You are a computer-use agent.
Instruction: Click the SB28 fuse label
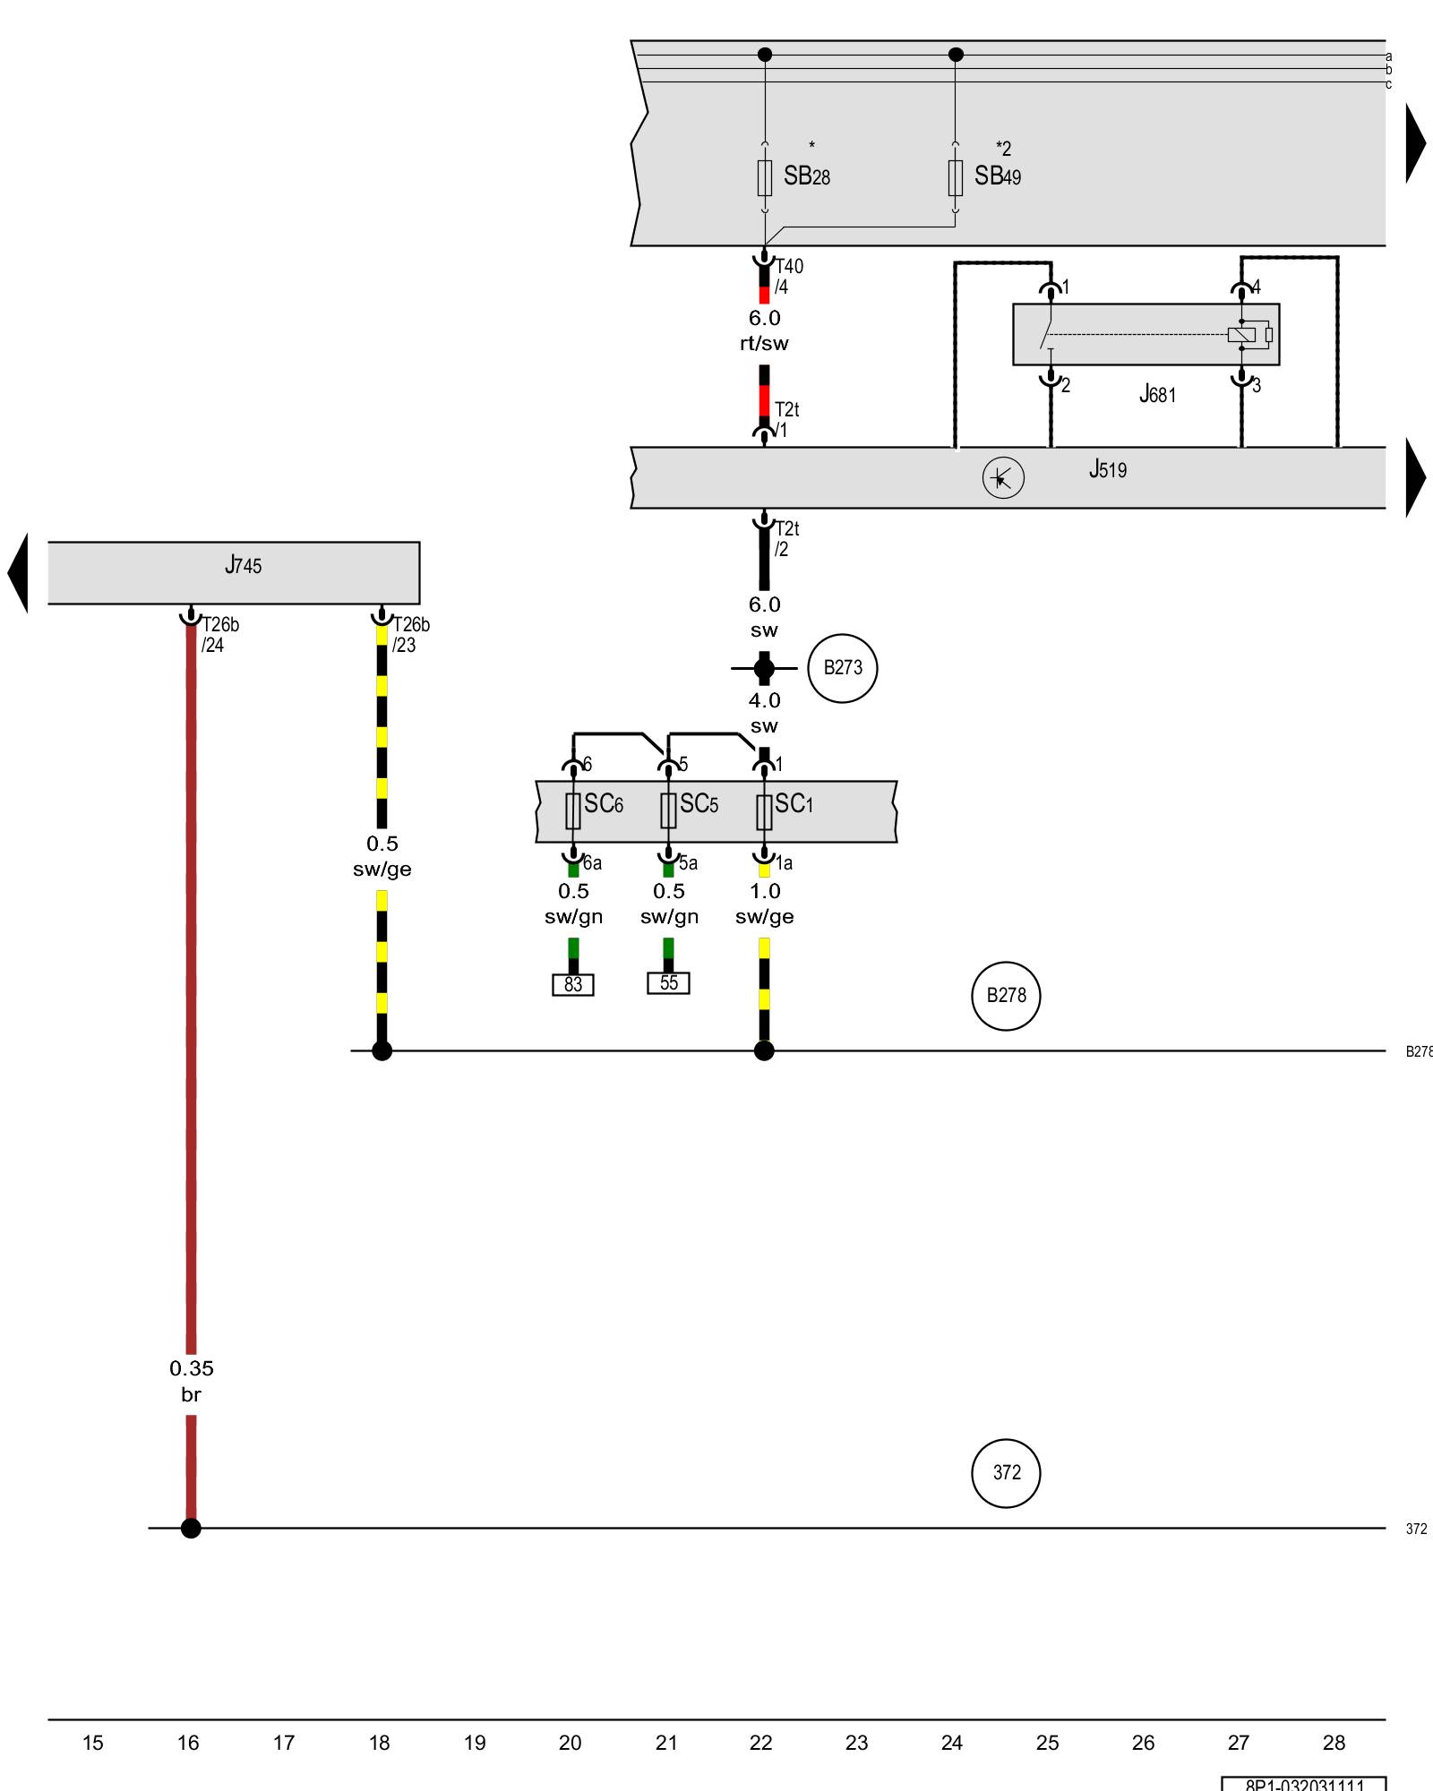point(806,176)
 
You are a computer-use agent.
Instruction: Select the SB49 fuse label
point(997,176)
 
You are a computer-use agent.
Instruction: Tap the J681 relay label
point(1157,394)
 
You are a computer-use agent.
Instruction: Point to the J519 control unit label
point(1108,469)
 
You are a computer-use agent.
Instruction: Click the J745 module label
point(243,565)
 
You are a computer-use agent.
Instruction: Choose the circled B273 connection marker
point(842,668)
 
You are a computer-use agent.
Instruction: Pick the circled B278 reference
point(1006,996)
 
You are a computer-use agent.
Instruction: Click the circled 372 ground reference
point(1006,1473)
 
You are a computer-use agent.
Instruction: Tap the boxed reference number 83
point(573,985)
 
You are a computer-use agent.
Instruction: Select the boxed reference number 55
point(668,983)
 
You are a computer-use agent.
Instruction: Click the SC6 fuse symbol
point(573,811)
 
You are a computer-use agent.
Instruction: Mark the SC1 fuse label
point(794,804)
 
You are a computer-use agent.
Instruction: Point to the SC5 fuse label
point(699,804)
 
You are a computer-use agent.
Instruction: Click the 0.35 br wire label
point(192,1381)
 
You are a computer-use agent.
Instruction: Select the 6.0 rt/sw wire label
point(764,330)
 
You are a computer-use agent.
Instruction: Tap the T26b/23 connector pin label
point(410,635)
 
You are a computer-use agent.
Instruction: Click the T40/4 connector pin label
point(788,277)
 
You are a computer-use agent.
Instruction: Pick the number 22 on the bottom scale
point(760,1743)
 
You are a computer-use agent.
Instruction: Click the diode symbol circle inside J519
point(1002,478)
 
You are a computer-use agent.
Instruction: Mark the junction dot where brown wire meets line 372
point(191,1529)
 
